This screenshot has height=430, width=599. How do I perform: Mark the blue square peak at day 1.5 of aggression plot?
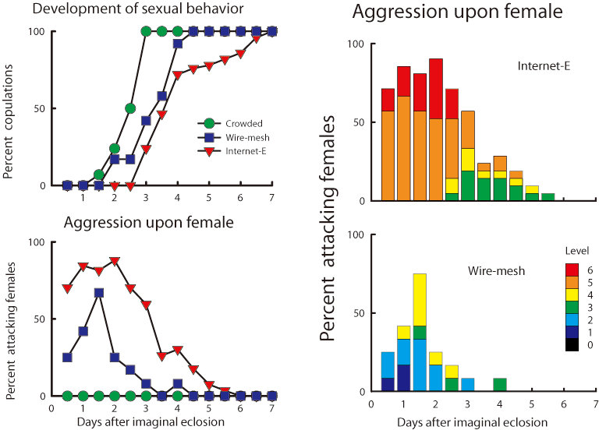[99, 293]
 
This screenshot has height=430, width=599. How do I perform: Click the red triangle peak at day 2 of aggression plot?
[115, 262]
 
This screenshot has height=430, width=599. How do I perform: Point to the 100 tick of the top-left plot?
[37, 31]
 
